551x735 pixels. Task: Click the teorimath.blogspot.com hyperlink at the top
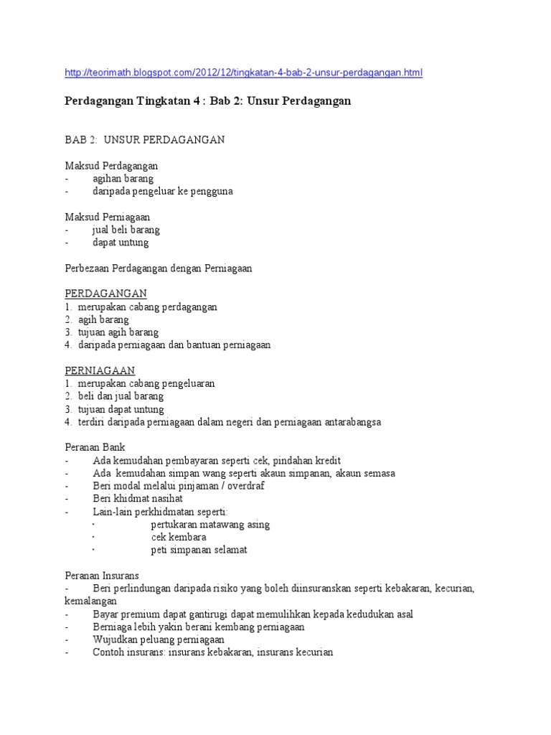(244, 72)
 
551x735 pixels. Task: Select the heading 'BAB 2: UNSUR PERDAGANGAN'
(144, 139)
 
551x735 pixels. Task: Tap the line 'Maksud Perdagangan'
(111, 166)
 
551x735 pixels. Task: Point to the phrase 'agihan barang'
(123, 179)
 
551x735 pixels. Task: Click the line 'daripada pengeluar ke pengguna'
(163, 192)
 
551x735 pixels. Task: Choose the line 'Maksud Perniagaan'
(108, 217)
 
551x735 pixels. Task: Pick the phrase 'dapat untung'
(121, 243)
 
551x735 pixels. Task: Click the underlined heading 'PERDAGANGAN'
(105, 294)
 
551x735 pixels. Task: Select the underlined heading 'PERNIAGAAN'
(100, 370)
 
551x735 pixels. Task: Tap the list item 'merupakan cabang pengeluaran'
(146, 383)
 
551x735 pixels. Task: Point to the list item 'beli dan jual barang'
(121, 396)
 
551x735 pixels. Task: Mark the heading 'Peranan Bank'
(95, 447)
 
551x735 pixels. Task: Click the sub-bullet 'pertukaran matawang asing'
(210, 524)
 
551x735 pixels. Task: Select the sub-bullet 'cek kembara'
(179, 537)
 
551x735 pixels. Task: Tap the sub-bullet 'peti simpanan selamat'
(199, 550)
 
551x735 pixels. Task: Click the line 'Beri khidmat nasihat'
(138, 498)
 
